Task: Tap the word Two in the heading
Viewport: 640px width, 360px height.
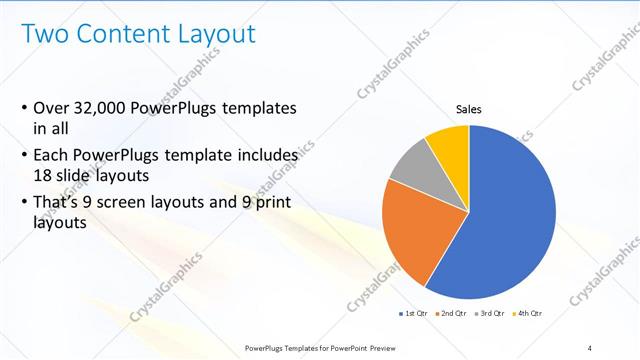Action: coord(44,33)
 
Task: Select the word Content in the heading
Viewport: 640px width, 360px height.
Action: coord(119,33)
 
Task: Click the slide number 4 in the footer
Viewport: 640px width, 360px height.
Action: coord(589,347)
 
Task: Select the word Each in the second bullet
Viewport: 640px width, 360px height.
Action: coord(51,156)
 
